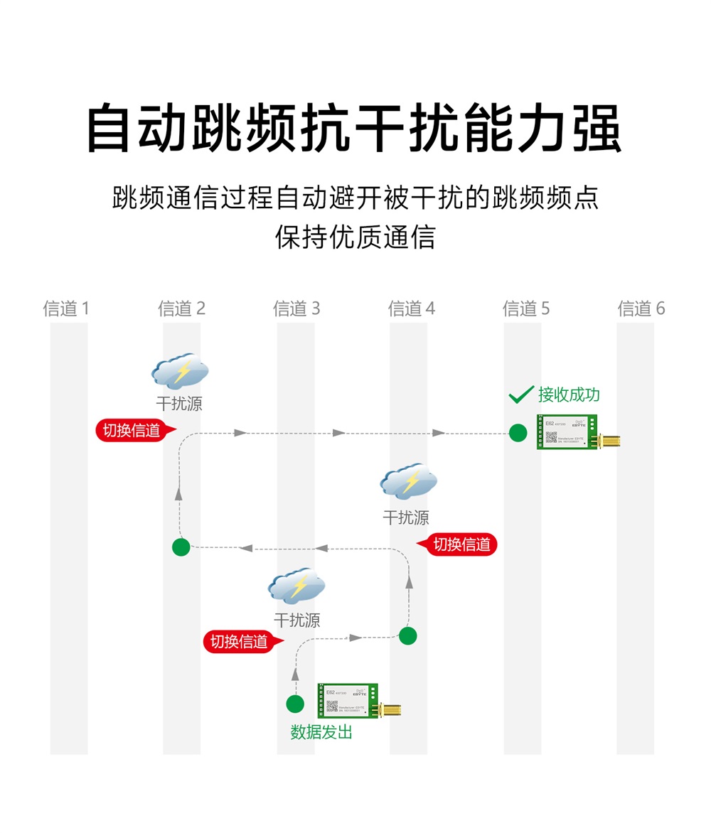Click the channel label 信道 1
click(x=66, y=308)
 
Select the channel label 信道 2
click(x=181, y=308)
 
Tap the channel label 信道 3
click(x=296, y=308)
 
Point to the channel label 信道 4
click(x=412, y=308)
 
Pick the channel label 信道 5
click(x=526, y=308)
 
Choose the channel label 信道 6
click(x=641, y=308)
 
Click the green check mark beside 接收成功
click(x=522, y=394)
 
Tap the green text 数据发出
click(x=321, y=731)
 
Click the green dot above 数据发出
click(x=295, y=704)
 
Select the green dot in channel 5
click(x=518, y=432)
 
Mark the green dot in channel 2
click(x=181, y=547)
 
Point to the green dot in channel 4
click(x=408, y=635)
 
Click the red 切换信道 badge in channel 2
click(x=132, y=431)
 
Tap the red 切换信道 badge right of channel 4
click(x=461, y=545)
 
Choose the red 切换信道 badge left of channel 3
click(x=240, y=642)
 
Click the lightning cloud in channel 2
click(x=180, y=372)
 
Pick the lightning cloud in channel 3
click(x=296, y=586)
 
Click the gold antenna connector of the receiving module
click(x=611, y=441)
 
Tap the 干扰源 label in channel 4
click(x=406, y=518)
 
